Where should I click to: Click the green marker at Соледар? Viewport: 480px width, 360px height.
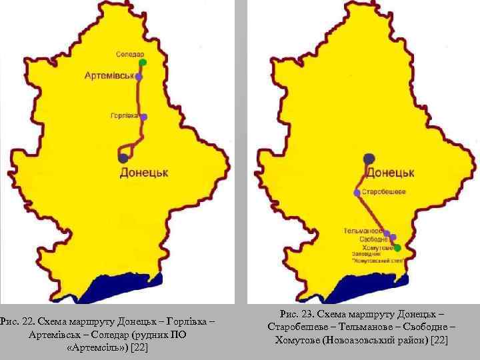tap(142, 63)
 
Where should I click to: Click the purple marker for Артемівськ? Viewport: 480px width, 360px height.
tap(139, 77)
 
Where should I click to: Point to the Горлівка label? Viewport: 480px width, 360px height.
tap(125, 115)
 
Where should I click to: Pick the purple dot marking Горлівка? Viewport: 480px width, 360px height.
tap(143, 117)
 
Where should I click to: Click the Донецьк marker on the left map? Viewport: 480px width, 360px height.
tap(123, 158)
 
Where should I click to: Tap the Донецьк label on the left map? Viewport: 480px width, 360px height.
tap(143, 173)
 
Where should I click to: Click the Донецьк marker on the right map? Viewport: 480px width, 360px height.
tap(369, 159)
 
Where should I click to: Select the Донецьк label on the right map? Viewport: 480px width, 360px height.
tap(391, 173)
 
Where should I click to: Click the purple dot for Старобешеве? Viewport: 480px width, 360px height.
tap(357, 193)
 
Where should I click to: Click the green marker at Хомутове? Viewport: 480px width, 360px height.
tap(397, 247)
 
